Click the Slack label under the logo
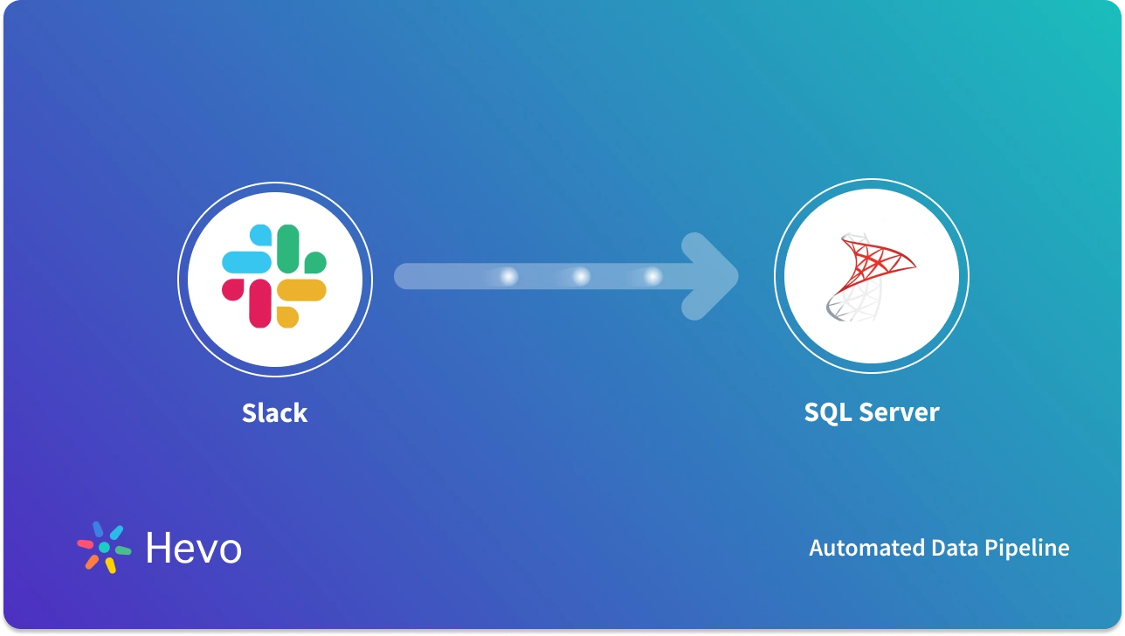[274, 412]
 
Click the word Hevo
[193, 549]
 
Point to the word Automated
[859, 548]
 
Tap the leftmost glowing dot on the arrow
[508, 277]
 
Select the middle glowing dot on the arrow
[581, 277]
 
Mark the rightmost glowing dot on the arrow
[652, 277]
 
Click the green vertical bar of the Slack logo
[288, 248]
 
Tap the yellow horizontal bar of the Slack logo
[302, 290]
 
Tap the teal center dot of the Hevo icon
[104, 547]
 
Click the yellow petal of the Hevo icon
[111, 565]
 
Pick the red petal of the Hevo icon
[86, 543]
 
